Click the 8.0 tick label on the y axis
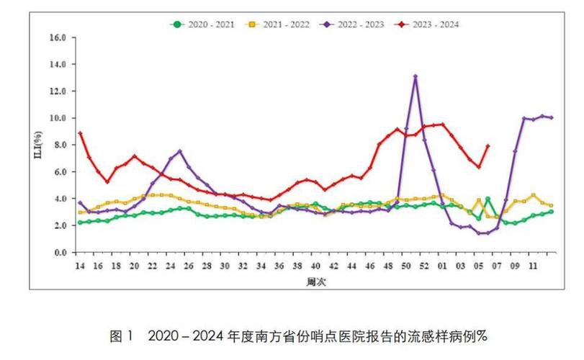click(x=60, y=145)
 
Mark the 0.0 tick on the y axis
click(x=60, y=253)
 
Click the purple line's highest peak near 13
click(x=415, y=76)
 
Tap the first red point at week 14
click(x=80, y=133)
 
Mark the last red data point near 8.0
click(x=488, y=146)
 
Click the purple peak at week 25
click(x=180, y=152)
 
